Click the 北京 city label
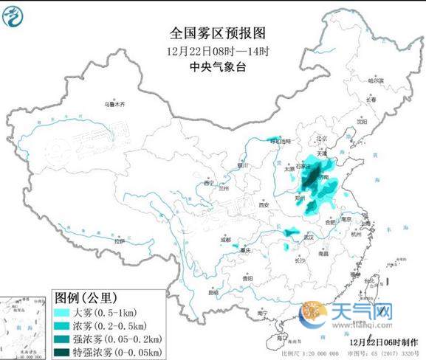pyautogui.click(x=320, y=138)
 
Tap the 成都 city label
pyautogui.click(x=214, y=240)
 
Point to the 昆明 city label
pyautogui.click(x=213, y=293)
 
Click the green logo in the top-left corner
pyautogui.click(x=14, y=14)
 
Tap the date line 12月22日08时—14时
pyautogui.click(x=217, y=51)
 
